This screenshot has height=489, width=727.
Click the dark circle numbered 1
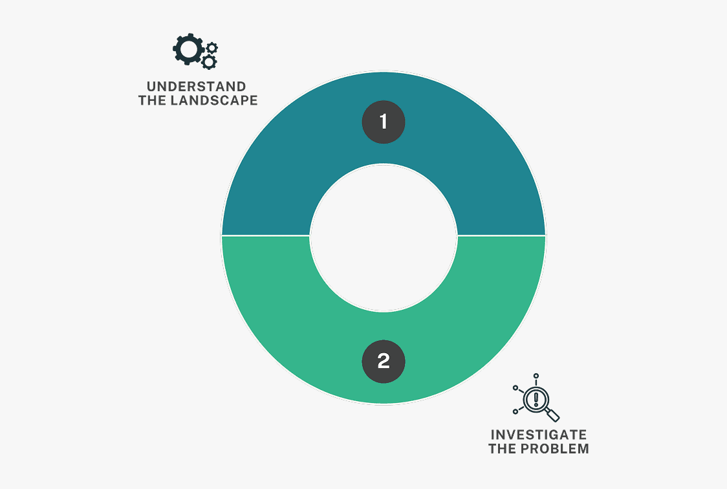[x=384, y=122]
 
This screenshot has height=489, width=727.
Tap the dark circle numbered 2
[x=384, y=362]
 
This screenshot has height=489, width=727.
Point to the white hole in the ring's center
[x=384, y=237]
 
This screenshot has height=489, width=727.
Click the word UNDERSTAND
[x=196, y=87]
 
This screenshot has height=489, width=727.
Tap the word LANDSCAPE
[x=214, y=100]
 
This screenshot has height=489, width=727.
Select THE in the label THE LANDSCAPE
[x=153, y=100]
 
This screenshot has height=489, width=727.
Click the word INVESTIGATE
[x=539, y=435]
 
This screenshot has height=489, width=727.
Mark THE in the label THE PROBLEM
[x=502, y=449]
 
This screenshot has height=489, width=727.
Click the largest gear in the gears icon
[x=188, y=49]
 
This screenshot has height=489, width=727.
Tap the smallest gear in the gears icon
[x=212, y=47]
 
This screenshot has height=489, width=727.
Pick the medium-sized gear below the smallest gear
[x=209, y=61]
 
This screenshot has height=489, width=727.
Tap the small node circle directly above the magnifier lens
[x=536, y=376]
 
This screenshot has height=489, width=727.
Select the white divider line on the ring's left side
[x=266, y=235]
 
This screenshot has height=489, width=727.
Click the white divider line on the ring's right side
[x=502, y=235]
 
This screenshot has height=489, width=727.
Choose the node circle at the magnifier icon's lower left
[x=515, y=411]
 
